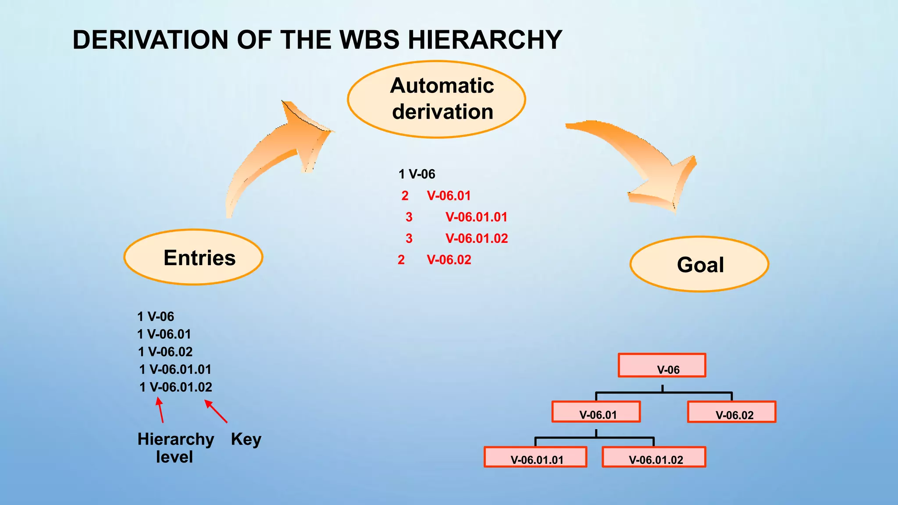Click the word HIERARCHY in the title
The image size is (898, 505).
click(485, 40)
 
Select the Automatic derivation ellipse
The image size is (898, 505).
click(436, 99)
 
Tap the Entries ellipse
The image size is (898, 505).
click(193, 257)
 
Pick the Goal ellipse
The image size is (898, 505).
click(699, 264)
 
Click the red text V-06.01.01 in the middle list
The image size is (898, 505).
click(476, 217)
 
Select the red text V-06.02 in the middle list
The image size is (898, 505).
click(449, 260)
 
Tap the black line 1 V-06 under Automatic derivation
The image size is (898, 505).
click(417, 174)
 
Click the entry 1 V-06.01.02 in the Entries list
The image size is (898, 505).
click(176, 387)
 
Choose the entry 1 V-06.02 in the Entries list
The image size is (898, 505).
click(165, 352)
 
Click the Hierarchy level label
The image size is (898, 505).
click(175, 448)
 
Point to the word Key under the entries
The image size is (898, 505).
click(246, 439)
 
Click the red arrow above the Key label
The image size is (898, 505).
click(216, 411)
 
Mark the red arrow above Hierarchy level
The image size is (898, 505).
click(160, 410)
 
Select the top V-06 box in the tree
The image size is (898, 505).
click(662, 366)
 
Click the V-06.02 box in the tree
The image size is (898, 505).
click(731, 412)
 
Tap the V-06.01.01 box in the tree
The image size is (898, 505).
click(535, 457)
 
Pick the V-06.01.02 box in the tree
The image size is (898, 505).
click(654, 457)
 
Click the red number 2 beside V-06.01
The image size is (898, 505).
click(405, 196)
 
